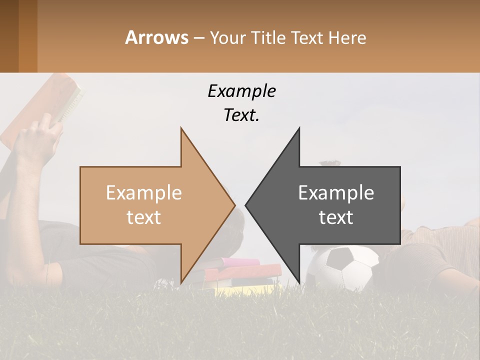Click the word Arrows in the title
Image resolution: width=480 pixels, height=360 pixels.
[x=156, y=37]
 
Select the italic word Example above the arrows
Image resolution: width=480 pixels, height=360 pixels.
[x=241, y=91]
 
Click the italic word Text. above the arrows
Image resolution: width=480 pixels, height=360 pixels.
[x=241, y=115]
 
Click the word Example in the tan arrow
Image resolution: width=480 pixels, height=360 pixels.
[x=143, y=193]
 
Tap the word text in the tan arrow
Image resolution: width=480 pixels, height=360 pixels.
[x=143, y=217]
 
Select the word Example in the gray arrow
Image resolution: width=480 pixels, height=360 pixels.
[x=336, y=193]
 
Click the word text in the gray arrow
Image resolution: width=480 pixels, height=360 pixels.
[x=336, y=217]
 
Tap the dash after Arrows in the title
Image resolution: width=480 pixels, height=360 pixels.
[x=198, y=38]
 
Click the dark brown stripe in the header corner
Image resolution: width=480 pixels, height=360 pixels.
[x=9, y=36]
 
